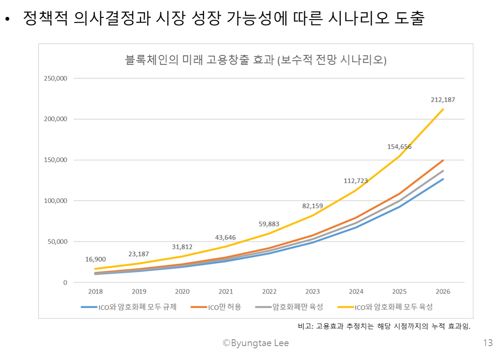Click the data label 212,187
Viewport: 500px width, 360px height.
coord(443,100)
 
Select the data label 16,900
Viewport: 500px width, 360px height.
coord(95,259)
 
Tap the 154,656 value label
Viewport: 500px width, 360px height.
coord(399,147)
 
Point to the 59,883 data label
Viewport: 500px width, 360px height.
coord(270,224)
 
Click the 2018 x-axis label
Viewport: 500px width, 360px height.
coord(95,291)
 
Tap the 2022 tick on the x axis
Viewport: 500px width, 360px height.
coord(269,291)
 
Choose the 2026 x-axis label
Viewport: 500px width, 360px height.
coord(443,291)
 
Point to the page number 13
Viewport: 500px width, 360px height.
coord(488,343)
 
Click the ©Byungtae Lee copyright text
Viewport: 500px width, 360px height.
coord(256,343)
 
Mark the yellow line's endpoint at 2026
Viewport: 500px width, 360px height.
coord(443,109)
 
